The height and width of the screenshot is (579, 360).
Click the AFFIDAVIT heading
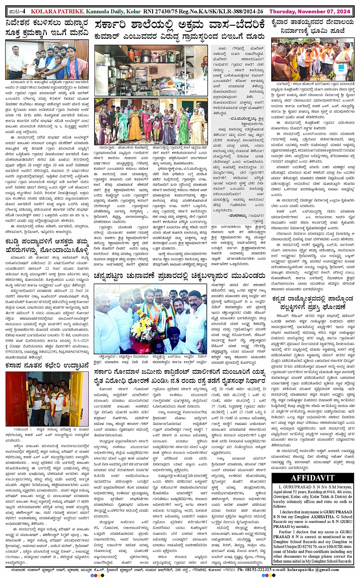point(313,478)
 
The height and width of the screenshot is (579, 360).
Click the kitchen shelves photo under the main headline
point(151,70)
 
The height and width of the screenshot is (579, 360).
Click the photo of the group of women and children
point(151,121)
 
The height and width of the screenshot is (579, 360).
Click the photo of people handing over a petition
point(47,60)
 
